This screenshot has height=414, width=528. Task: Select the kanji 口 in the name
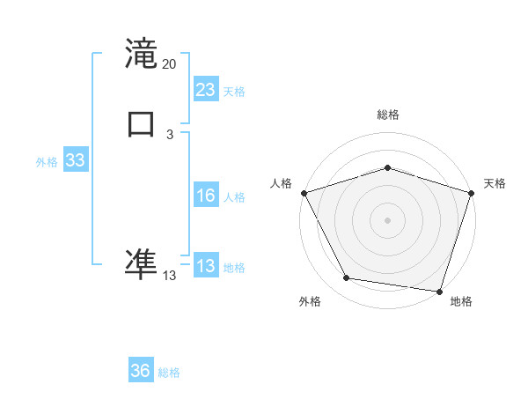tap(141, 124)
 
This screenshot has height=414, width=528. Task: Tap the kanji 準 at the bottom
tap(141, 262)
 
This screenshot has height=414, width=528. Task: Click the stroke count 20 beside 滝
tap(170, 64)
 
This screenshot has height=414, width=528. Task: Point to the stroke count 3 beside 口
tap(170, 134)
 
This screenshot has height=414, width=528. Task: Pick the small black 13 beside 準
tap(170, 276)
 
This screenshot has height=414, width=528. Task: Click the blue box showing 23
tap(206, 90)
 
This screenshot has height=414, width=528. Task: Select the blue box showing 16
tap(206, 196)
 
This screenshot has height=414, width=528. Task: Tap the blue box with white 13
tap(206, 266)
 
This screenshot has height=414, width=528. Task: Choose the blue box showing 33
tap(75, 161)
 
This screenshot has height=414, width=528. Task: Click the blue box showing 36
tap(141, 371)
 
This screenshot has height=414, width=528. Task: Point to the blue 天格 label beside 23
tap(234, 92)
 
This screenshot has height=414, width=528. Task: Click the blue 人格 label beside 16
tap(234, 197)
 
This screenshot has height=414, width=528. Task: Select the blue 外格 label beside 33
tap(47, 162)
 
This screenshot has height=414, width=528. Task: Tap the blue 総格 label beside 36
tap(169, 373)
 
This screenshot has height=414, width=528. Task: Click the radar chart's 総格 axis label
tap(388, 115)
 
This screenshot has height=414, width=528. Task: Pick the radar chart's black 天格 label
tap(495, 183)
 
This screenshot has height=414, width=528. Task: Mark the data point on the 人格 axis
tap(304, 192)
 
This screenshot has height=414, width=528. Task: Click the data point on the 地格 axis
tap(439, 291)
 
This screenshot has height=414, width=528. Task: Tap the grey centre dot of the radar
tap(387, 219)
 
